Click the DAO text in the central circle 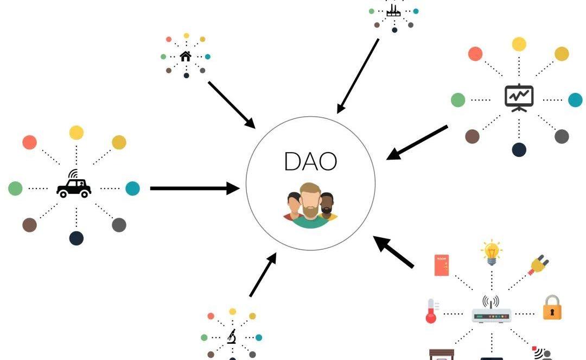click(x=310, y=161)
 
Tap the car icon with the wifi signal click(x=74, y=185)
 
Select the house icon click(x=186, y=56)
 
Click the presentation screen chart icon click(x=519, y=98)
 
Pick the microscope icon click(x=232, y=337)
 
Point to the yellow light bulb click(x=491, y=252)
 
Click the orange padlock click(x=552, y=308)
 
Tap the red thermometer click(x=431, y=311)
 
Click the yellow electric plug click(x=539, y=266)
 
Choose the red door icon click(x=442, y=265)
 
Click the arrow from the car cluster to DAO click(x=194, y=188)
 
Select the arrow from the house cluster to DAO click(x=231, y=104)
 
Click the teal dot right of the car click(x=132, y=188)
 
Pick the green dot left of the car click(x=15, y=188)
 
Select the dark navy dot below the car click(x=77, y=238)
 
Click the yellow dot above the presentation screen click(x=519, y=44)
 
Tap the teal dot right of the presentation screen click(x=575, y=100)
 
